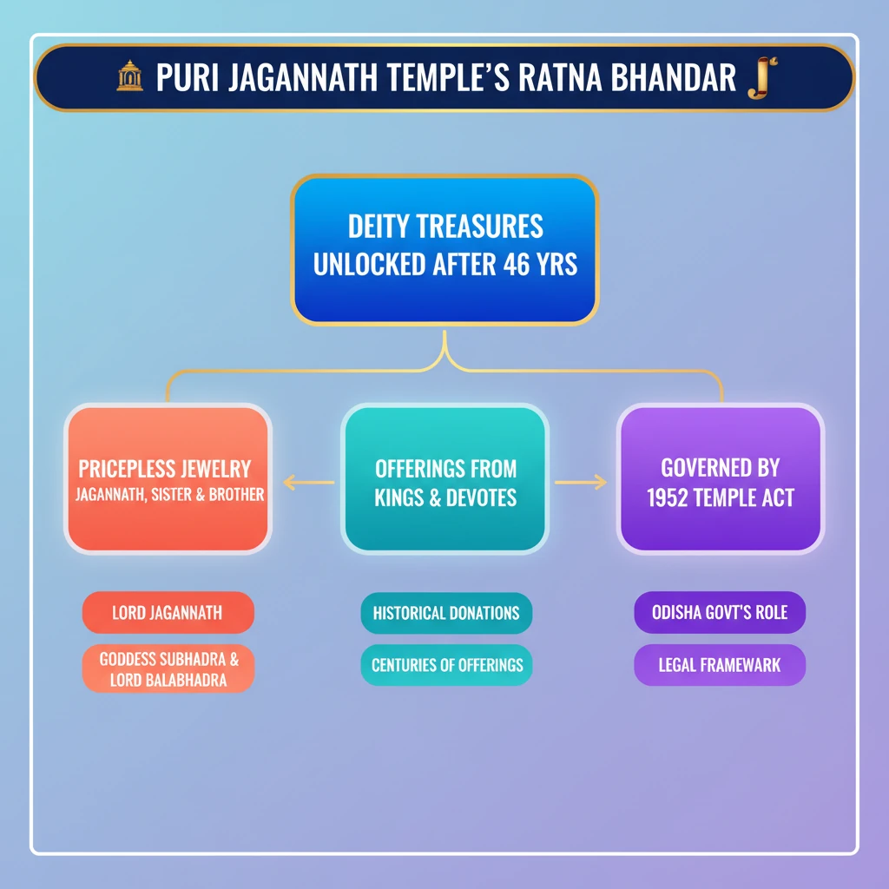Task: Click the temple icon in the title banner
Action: [x=129, y=77]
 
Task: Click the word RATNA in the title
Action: [x=563, y=78]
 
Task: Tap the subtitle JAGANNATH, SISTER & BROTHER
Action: [x=169, y=496]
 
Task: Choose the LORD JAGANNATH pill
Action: [x=168, y=613]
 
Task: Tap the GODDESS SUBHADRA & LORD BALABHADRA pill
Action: [x=168, y=668]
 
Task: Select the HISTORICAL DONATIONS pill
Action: [x=446, y=613]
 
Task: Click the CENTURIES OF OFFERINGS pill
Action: [x=446, y=666]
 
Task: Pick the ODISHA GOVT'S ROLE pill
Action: [x=720, y=613]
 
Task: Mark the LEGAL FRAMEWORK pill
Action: [x=720, y=666]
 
